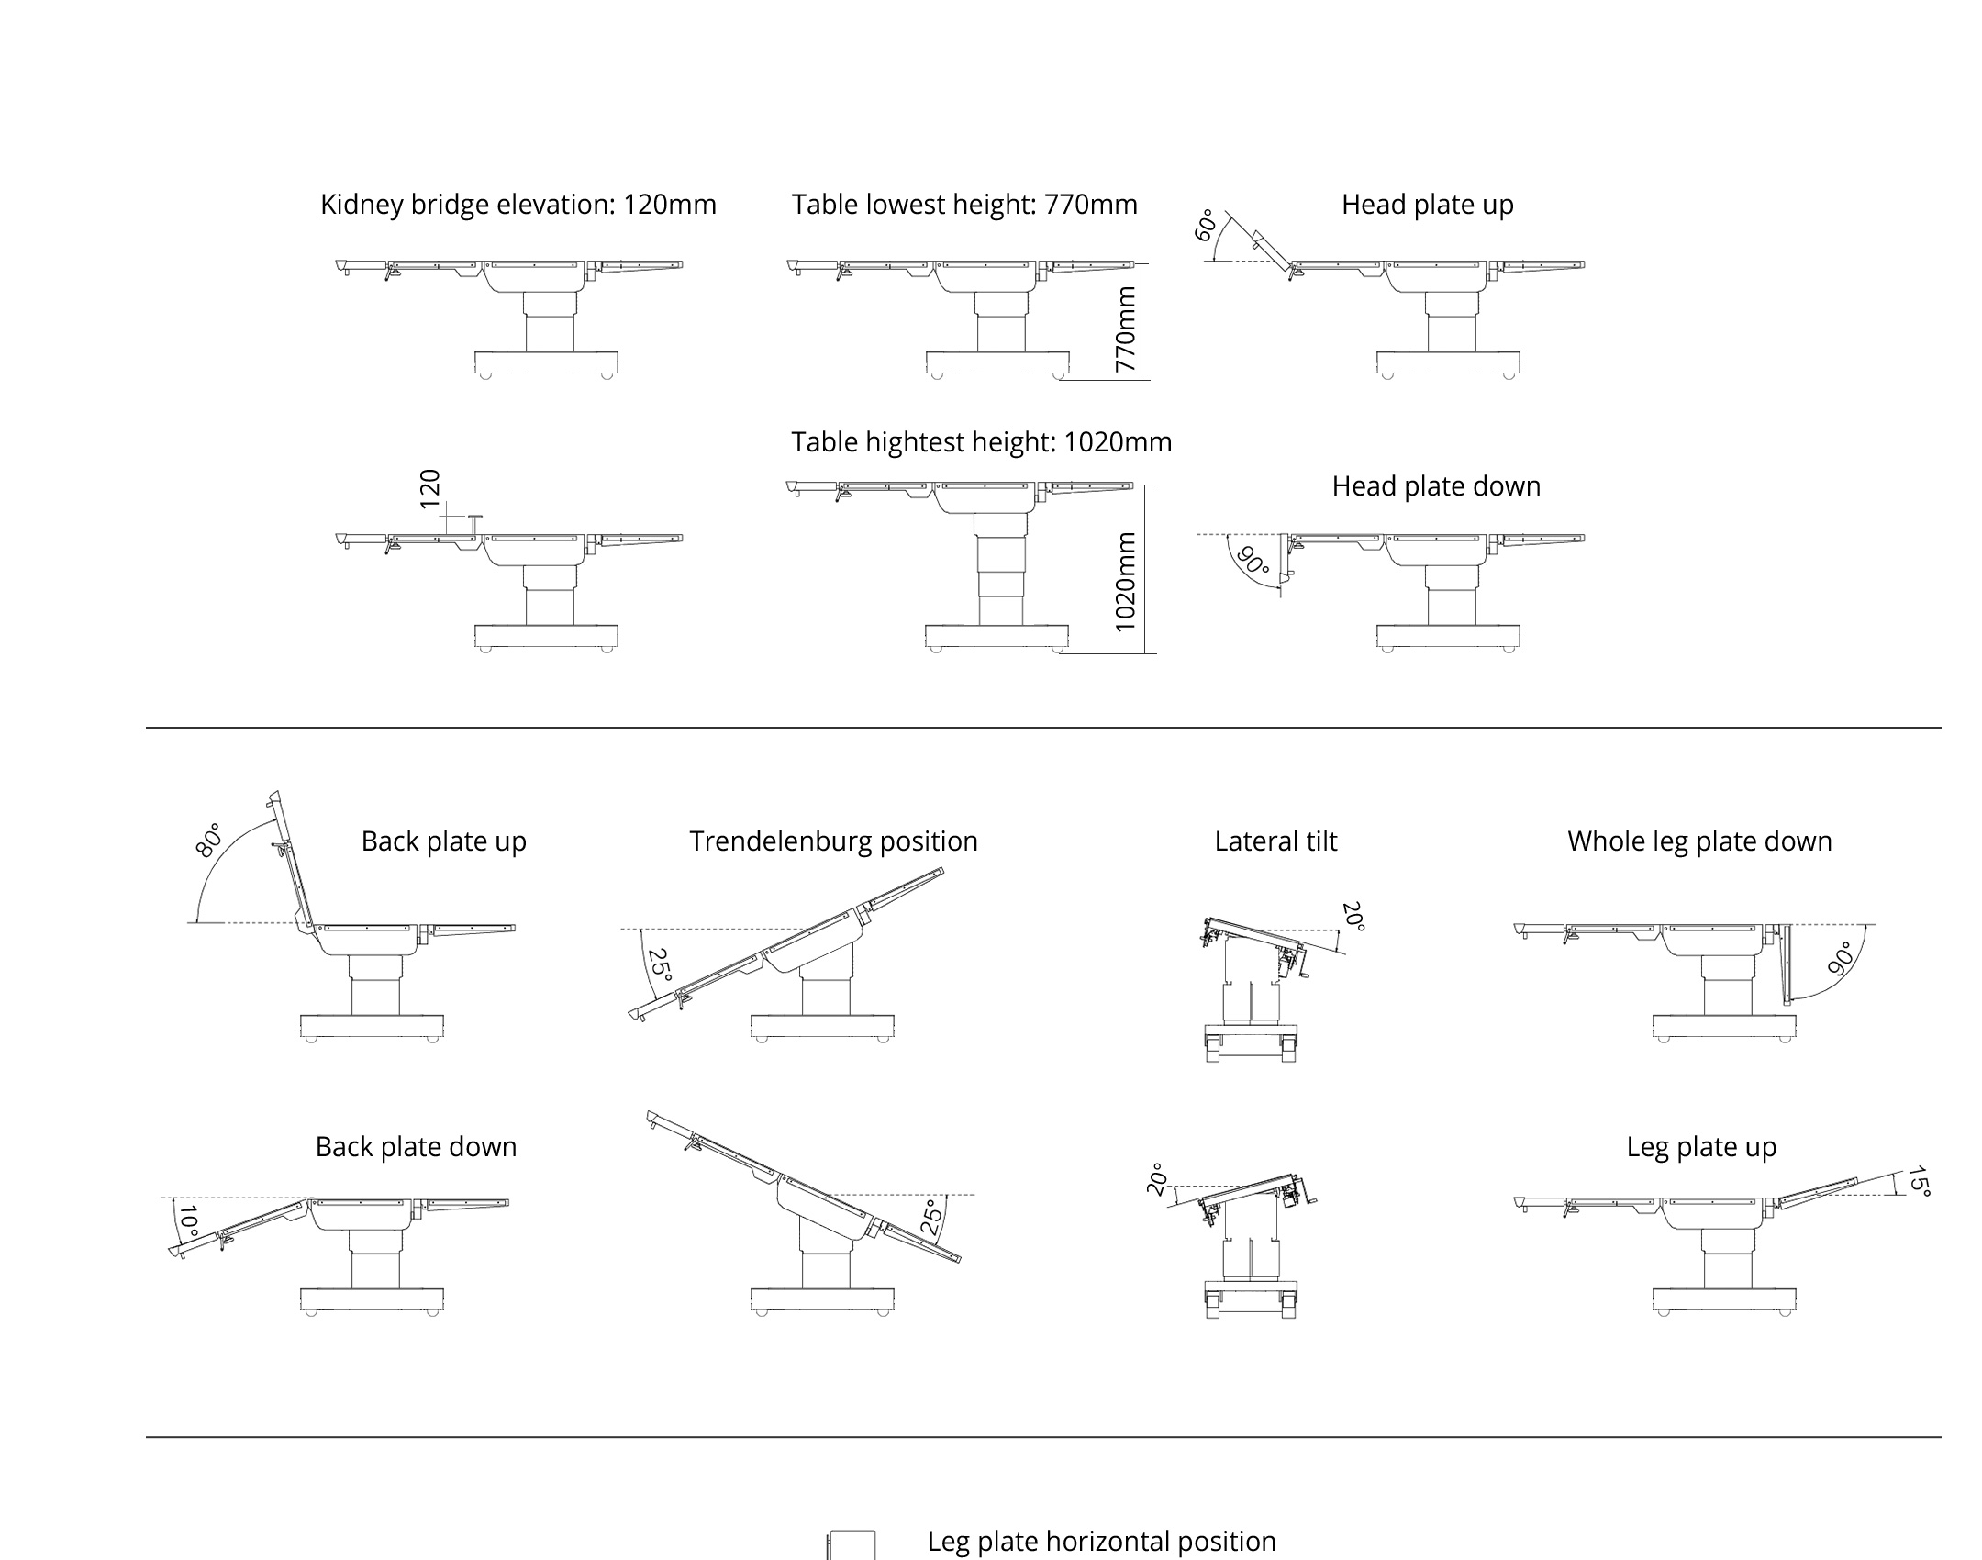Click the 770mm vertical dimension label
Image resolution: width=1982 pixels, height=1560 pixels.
(1125, 329)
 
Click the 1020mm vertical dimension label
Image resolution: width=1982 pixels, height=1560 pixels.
(1125, 583)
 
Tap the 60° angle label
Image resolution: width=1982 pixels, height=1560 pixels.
(1206, 226)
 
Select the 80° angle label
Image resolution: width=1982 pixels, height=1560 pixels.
(209, 840)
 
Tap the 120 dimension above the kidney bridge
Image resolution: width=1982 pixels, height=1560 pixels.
(429, 488)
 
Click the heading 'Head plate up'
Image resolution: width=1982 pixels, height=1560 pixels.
(1427, 205)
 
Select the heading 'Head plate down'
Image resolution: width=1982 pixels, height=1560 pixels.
(1436, 486)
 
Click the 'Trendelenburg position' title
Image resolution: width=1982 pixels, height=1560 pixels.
(833, 841)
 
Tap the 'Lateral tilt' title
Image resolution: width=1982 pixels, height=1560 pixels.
(1275, 841)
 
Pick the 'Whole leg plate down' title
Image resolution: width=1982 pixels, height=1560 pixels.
(1699, 841)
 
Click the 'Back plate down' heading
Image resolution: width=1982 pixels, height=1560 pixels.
(416, 1147)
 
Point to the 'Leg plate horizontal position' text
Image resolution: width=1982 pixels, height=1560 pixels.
(1101, 1541)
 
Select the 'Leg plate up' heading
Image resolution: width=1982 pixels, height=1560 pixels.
(1701, 1147)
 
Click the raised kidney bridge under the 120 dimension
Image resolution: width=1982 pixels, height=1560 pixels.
(474, 526)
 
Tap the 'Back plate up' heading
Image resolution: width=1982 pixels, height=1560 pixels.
(444, 841)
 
